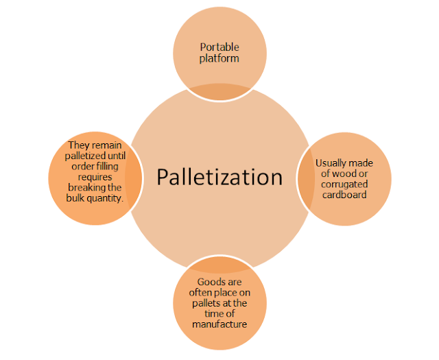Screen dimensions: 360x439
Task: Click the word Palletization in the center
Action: click(219, 177)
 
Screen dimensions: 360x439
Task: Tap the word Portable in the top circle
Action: click(219, 47)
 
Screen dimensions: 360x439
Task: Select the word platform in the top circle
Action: click(219, 60)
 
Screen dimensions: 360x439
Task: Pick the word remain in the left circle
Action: click(110, 145)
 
